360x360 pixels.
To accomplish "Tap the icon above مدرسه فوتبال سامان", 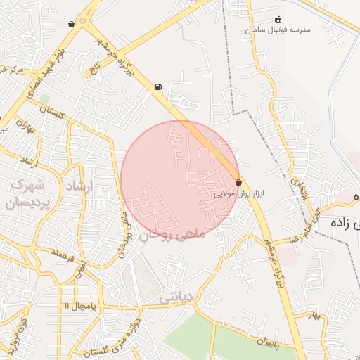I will [x=278, y=19].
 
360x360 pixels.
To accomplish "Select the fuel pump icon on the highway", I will [x=157, y=87].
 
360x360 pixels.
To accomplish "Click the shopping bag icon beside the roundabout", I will [x=71, y=24].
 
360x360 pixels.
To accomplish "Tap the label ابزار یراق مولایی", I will [x=238, y=192].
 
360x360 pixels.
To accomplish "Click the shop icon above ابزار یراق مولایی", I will [x=238, y=182].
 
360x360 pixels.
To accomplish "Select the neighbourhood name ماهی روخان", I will [x=174, y=234].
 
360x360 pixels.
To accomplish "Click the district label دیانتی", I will [x=175, y=297].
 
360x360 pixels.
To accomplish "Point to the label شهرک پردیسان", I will [x=26, y=194].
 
